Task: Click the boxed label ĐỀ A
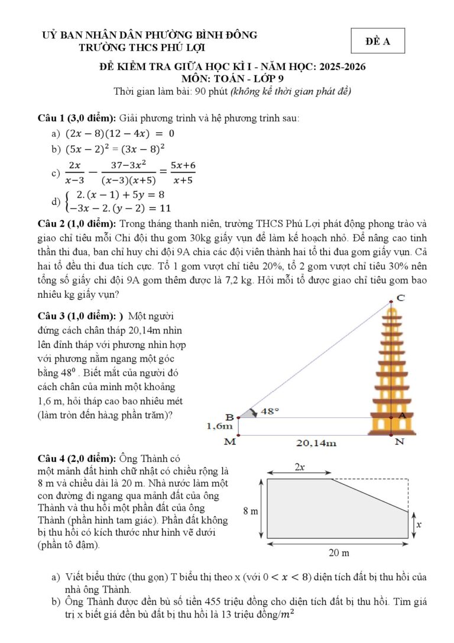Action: (377, 41)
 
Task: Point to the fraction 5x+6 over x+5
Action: (183, 172)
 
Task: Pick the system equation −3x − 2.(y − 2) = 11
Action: (119, 208)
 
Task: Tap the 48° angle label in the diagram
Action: (270, 410)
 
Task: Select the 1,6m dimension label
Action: (219, 426)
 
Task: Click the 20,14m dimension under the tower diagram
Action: (317, 443)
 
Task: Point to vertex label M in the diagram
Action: (231, 442)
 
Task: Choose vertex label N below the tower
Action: (400, 442)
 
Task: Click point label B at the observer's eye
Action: (230, 417)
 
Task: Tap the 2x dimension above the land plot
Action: (300, 467)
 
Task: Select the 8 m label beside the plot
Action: (251, 510)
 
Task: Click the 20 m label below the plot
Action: (339, 553)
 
